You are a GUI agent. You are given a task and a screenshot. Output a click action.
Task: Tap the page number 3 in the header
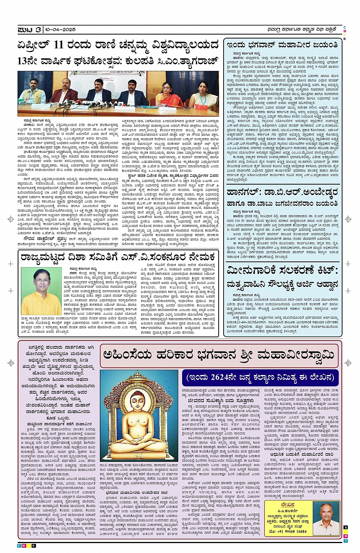tap(38, 29)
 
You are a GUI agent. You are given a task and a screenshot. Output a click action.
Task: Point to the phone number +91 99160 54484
tap(292, 531)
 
